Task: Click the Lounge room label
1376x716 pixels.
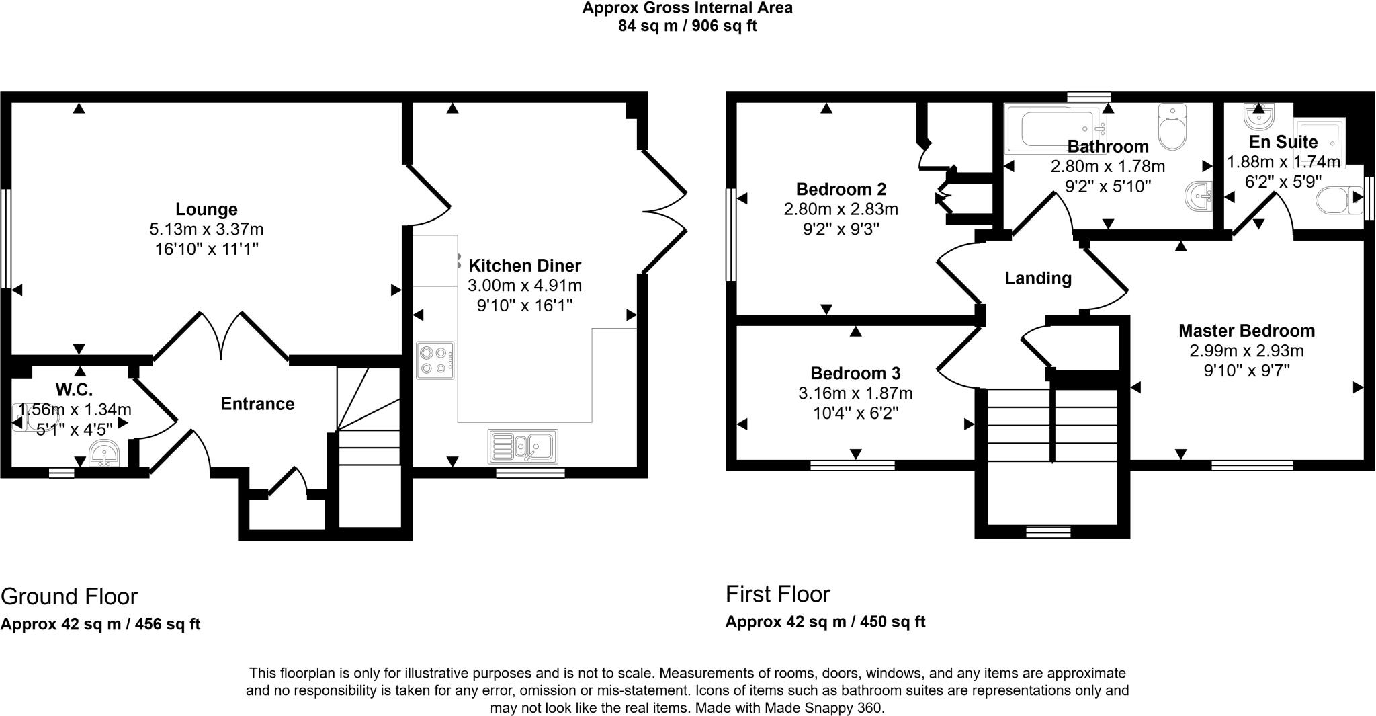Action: (x=206, y=209)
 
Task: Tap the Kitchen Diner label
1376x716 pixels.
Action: (x=524, y=265)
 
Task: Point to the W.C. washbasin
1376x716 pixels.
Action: (x=103, y=454)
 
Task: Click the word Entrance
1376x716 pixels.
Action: (x=257, y=403)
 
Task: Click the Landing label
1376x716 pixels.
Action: (x=1037, y=278)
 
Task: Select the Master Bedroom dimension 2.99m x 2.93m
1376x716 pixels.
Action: (x=1246, y=350)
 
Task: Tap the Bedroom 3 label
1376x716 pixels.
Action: (x=855, y=373)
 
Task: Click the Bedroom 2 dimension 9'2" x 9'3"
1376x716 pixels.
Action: (x=841, y=229)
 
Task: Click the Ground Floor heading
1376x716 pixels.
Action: (x=69, y=596)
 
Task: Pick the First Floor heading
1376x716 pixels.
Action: (x=777, y=594)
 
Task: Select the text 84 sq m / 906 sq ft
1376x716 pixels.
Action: (x=687, y=26)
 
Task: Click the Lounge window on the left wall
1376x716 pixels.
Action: (x=5, y=239)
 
